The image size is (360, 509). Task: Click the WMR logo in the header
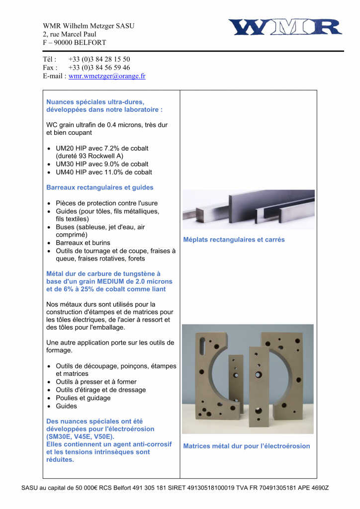click(x=285, y=27)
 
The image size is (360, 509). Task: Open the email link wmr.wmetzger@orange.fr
click(x=107, y=76)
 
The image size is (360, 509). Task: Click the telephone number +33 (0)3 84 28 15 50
click(x=99, y=59)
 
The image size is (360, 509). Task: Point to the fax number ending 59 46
click(x=99, y=68)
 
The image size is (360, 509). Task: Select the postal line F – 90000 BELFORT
click(x=74, y=43)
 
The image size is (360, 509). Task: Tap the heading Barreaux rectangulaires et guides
click(x=100, y=187)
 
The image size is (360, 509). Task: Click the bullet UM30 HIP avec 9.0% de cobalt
click(x=102, y=164)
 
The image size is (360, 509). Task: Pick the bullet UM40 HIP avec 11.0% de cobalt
click(x=104, y=172)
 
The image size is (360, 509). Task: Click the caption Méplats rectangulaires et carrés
click(x=234, y=240)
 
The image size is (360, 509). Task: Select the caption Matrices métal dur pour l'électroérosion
click(x=246, y=446)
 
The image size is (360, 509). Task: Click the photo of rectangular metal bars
click(x=248, y=209)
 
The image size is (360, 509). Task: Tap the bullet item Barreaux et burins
click(x=83, y=243)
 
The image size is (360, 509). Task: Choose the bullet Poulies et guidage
click(x=83, y=398)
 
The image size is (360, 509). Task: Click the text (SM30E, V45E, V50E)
click(x=81, y=436)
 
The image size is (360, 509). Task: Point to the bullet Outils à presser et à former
click(x=96, y=382)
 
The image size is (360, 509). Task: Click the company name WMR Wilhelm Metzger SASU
click(x=89, y=26)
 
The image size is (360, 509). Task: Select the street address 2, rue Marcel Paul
click(x=70, y=34)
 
